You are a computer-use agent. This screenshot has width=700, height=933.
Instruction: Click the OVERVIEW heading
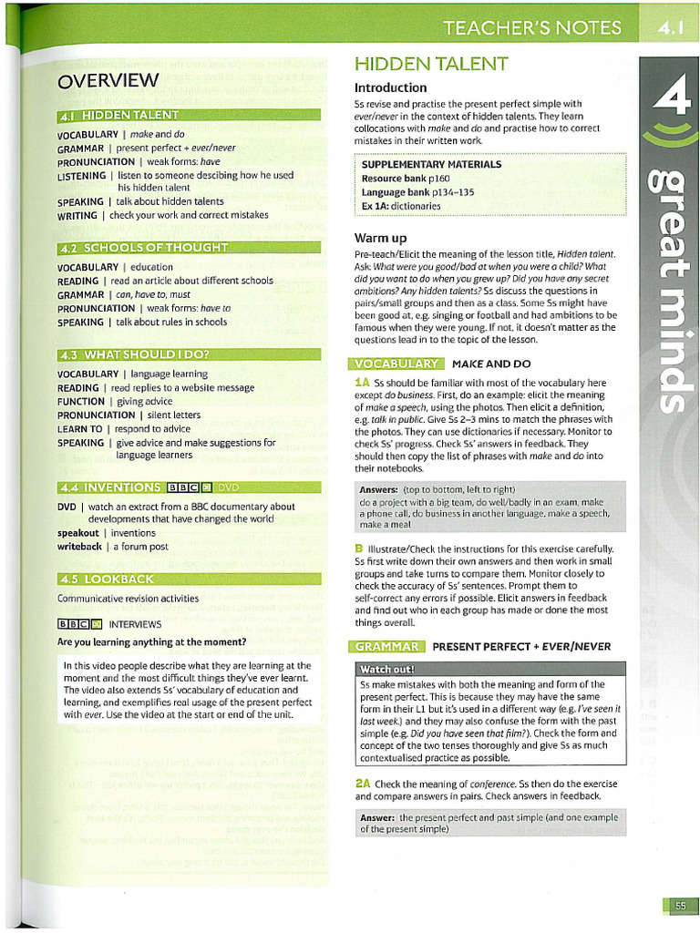pyautogui.click(x=108, y=81)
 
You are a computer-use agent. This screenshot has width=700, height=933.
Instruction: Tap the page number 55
pyautogui.click(x=680, y=905)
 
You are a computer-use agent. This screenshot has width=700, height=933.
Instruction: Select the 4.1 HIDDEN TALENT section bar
pyautogui.click(x=189, y=115)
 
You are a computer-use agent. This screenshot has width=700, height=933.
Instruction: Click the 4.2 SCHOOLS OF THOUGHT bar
pyautogui.click(x=189, y=247)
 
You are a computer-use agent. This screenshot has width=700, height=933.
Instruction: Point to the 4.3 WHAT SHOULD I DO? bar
pyautogui.click(x=189, y=354)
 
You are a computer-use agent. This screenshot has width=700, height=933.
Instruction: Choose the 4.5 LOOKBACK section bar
pyautogui.click(x=189, y=579)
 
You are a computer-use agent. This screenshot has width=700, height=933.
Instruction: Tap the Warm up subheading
pyautogui.click(x=380, y=238)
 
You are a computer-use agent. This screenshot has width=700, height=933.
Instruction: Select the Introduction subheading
pyautogui.click(x=390, y=87)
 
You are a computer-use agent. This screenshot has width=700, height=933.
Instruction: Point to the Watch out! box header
pyautogui.click(x=388, y=670)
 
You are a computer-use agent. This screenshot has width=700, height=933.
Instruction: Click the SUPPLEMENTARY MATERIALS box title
pyautogui.click(x=431, y=165)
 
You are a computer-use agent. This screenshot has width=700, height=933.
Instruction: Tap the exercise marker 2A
pyautogui.click(x=362, y=784)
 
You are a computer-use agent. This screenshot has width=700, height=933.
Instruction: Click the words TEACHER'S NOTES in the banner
pyautogui.click(x=532, y=27)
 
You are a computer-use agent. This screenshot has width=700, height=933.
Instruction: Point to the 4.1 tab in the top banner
pyautogui.click(x=670, y=27)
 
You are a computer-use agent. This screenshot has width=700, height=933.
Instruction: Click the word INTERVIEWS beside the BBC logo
pyautogui.click(x=135, y=624)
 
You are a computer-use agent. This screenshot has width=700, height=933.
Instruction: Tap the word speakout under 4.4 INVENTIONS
pyautogui.click(x=78, y=533)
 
